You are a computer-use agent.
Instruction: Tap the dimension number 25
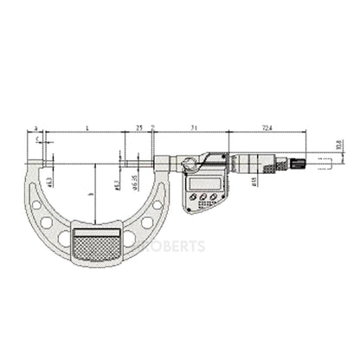tap(139, 127)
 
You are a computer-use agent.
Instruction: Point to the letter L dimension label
tap(88, 127)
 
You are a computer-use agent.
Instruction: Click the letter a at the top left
tap(35, 127)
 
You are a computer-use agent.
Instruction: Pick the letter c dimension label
tap(37, 138)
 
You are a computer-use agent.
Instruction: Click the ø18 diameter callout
tap(253, 181)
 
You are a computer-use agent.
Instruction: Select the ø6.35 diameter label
tap(134, 183)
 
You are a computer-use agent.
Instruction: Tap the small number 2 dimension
tap(152, 127)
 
